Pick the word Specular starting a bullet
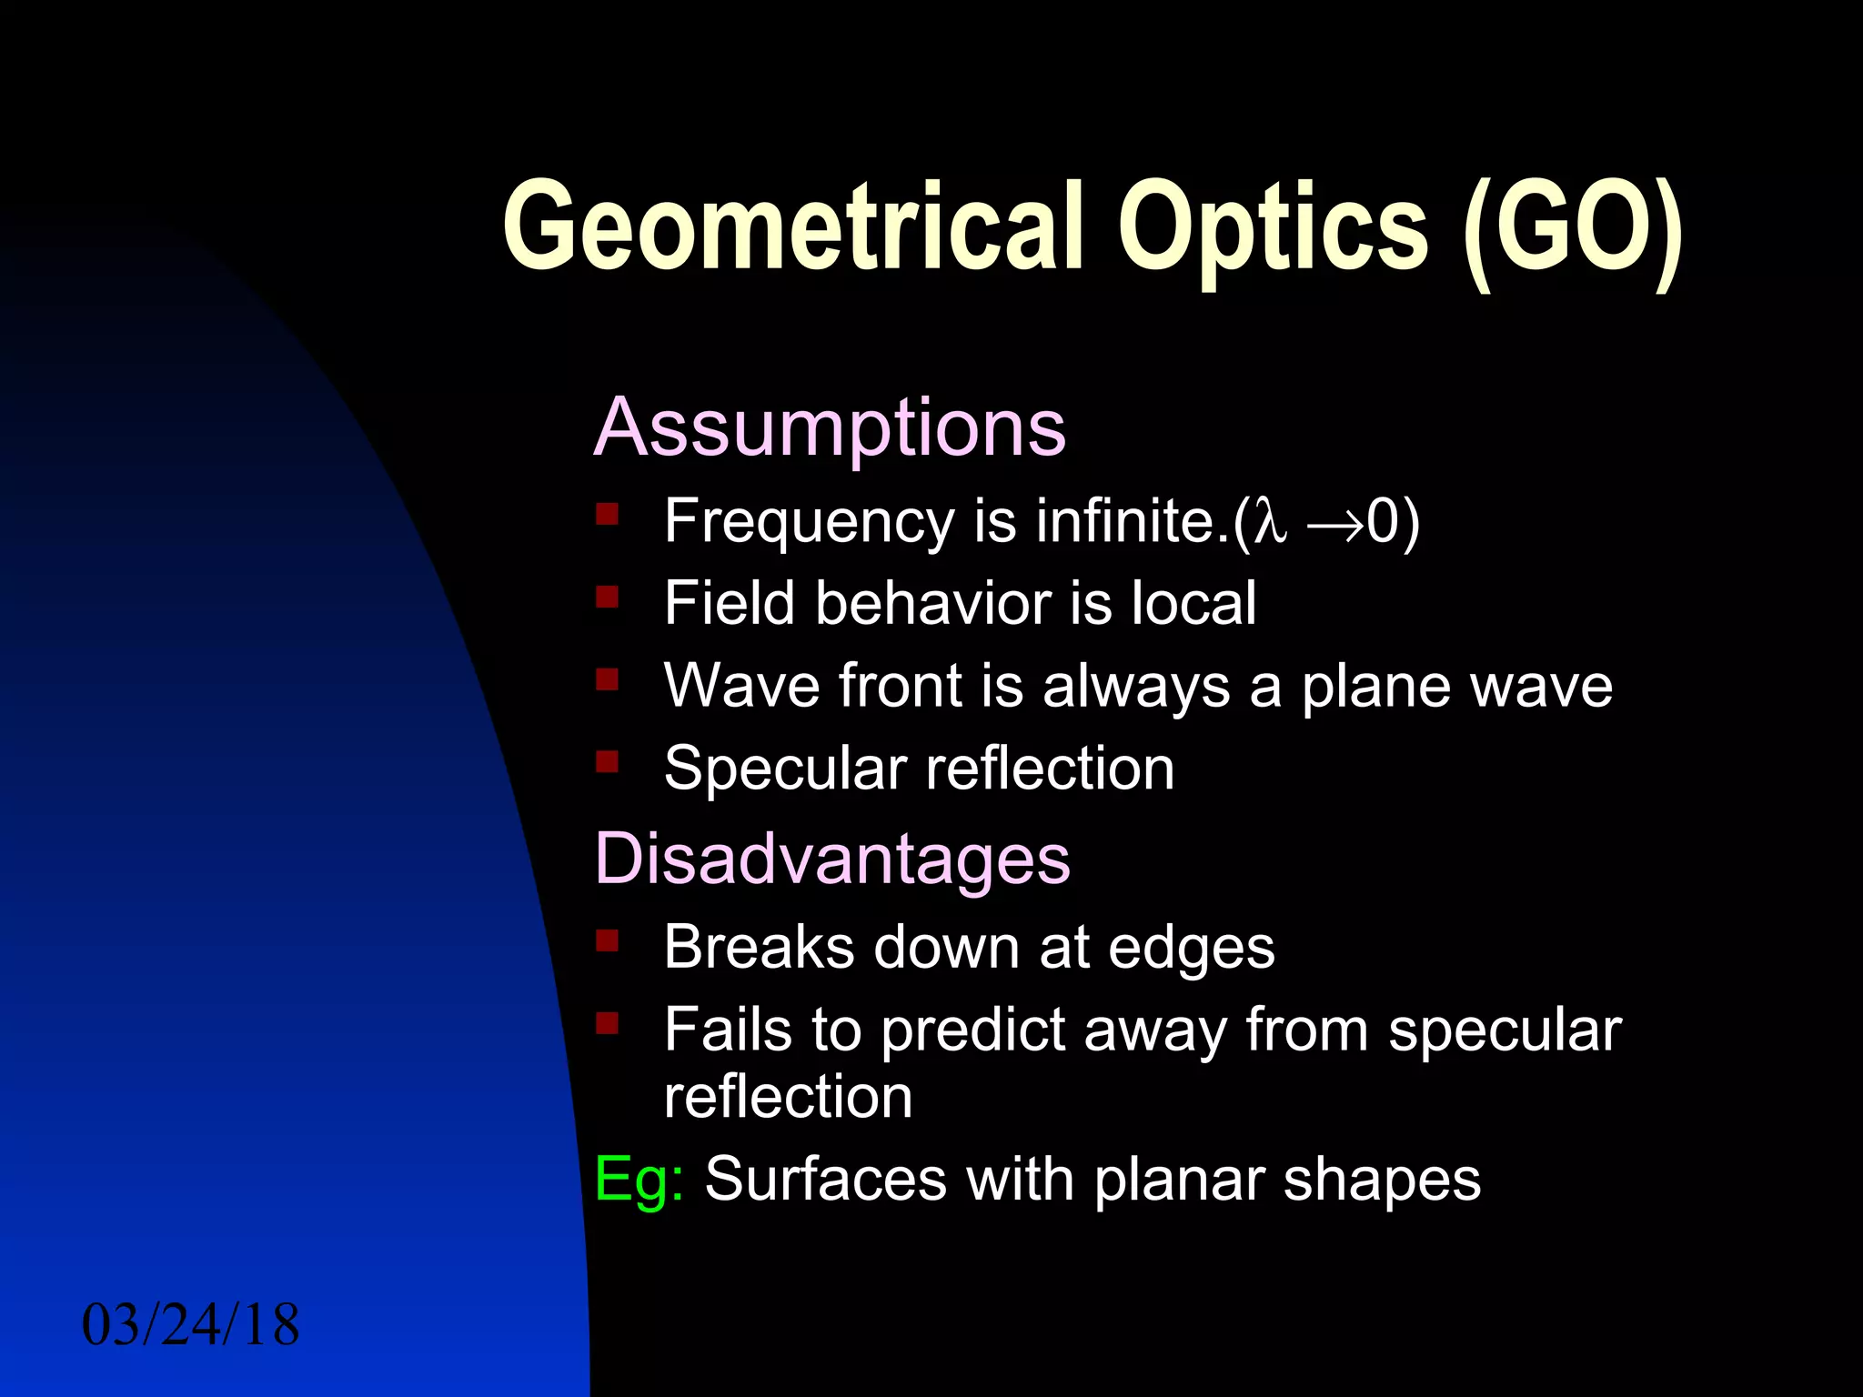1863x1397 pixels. (x=786, y=769)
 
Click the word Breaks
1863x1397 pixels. (x=759, y=947)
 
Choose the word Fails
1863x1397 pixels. (x=728, y=1030)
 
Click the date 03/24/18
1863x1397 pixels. (x=190, y=1325)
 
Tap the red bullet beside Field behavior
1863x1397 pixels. (x=607, y=597)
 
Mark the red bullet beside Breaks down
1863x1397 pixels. (x=607, y=940)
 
